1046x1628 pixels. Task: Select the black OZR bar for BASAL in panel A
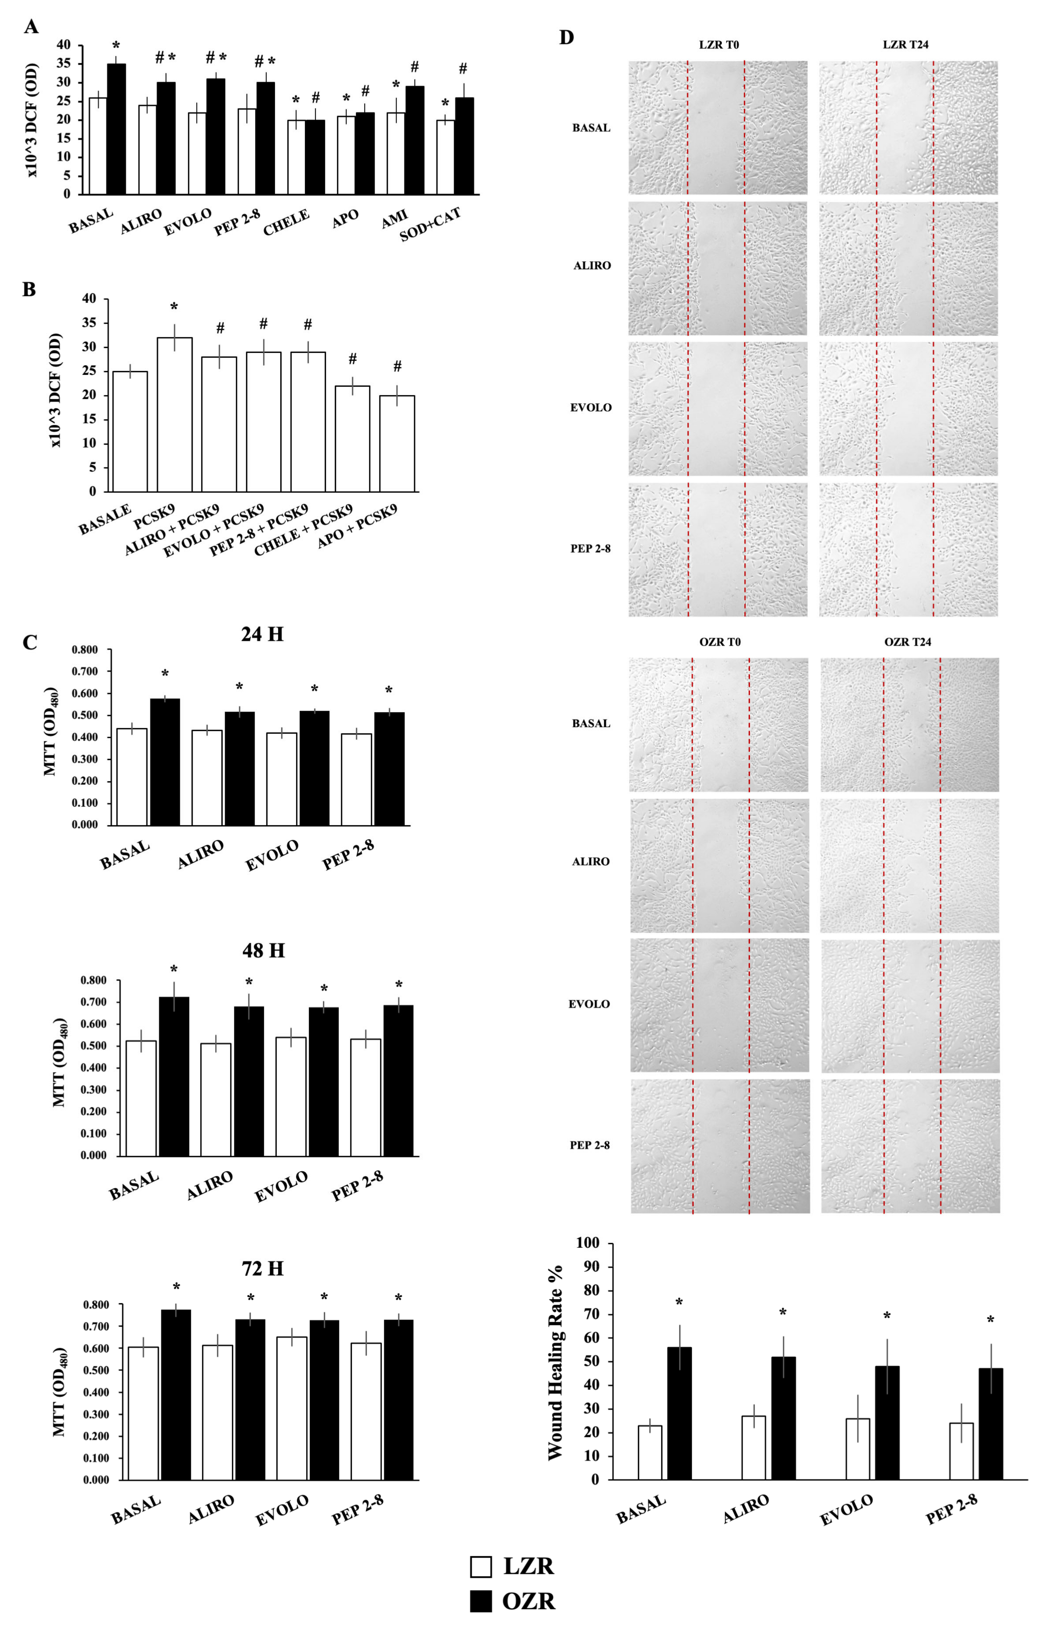pos(116,129)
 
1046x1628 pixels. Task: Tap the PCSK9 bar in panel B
pos(175,414)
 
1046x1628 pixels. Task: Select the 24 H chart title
pos(262,634)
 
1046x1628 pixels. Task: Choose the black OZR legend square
pos(481,1601)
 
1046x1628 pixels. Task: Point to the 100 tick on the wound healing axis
pos(588,1243)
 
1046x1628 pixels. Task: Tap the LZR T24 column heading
pos(905,45)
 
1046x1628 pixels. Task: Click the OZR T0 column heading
pos(720,641)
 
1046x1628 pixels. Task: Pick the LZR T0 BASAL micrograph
pos(718,128)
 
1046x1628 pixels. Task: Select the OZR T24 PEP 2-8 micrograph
pos(910,1146)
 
